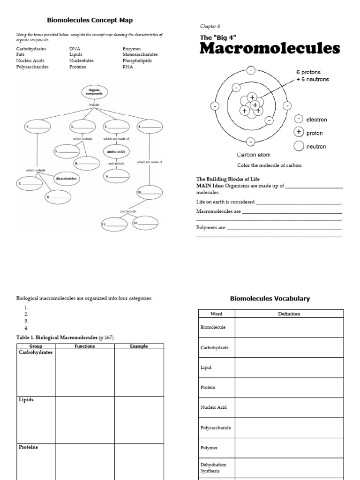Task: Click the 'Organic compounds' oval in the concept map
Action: [94, 92]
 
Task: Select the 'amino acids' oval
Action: [116, 152]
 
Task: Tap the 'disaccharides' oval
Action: [66, 179]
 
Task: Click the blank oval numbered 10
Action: [149, 192]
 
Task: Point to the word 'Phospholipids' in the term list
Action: [137, 61]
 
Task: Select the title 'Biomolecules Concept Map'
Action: [90, 20]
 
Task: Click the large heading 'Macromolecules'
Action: [270, 49]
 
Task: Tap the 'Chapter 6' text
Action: [210, 27]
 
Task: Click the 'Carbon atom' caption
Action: [253, 155]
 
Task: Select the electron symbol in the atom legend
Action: [299, 120]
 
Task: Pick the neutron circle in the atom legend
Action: [299, 146]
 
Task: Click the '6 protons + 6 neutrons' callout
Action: [312, 76]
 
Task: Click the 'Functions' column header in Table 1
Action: [84, 346]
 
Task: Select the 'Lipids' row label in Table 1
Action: [26, 400]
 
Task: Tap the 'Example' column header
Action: [139, 346]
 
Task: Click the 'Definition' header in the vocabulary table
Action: [289, 314]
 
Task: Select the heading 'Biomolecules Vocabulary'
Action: [270, 299]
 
